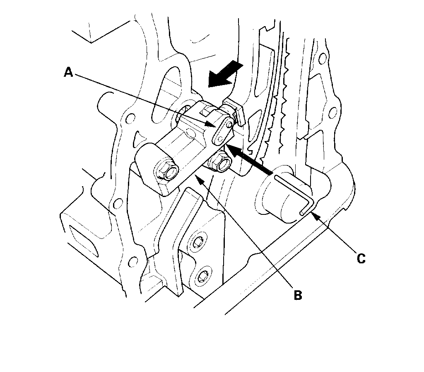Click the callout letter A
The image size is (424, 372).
pyautogui.click(x=69, y=73)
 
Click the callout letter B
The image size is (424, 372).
pyautogui.click(x=298, y=295)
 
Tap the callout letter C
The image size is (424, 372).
pyautogui.click(x=361, y=258)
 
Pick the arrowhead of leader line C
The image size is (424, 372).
pyautogui.click(x=312, y=214)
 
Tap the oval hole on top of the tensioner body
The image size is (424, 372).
pyautogui.click(x=190, y=133)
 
